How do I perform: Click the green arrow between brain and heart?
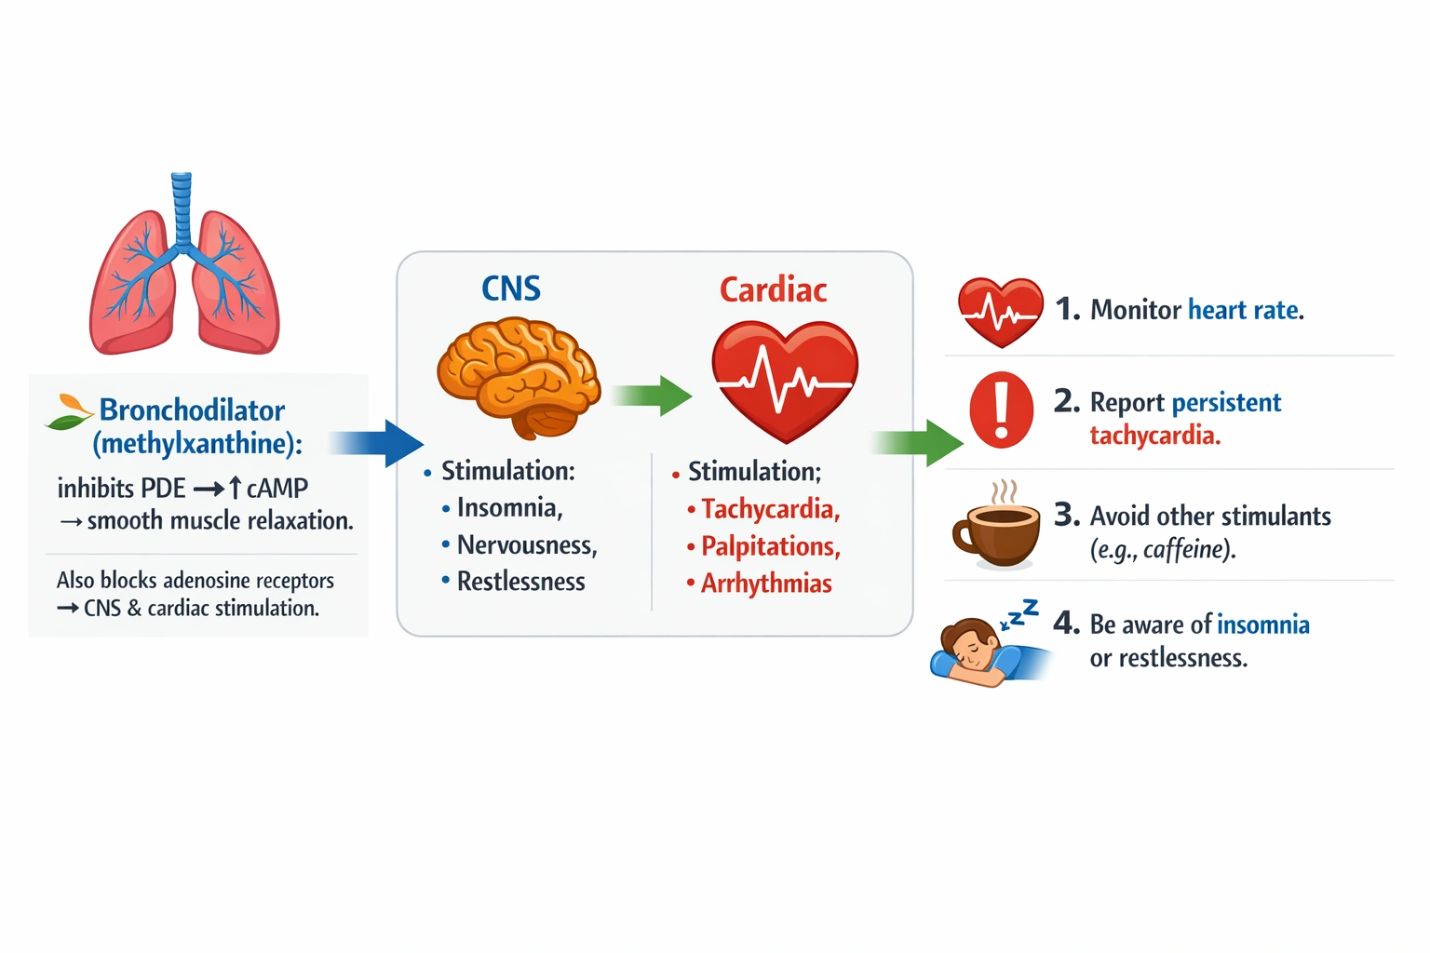[654, 396]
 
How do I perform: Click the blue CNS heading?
[511, 289]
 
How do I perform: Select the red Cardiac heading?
[773, 290]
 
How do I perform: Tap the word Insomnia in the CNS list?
[509, 508]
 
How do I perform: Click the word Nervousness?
[526, 545]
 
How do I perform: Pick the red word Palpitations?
[770, 546]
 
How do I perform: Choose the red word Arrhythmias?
[766, 584]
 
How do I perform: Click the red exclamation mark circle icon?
[1001, 410]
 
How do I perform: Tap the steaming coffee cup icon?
[996, 529]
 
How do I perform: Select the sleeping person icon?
[978, 651]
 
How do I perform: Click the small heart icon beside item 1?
[1000, 312]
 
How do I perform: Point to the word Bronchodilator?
[192, 410]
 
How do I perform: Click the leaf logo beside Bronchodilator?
[68, 412]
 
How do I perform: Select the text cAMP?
[277, 488]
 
